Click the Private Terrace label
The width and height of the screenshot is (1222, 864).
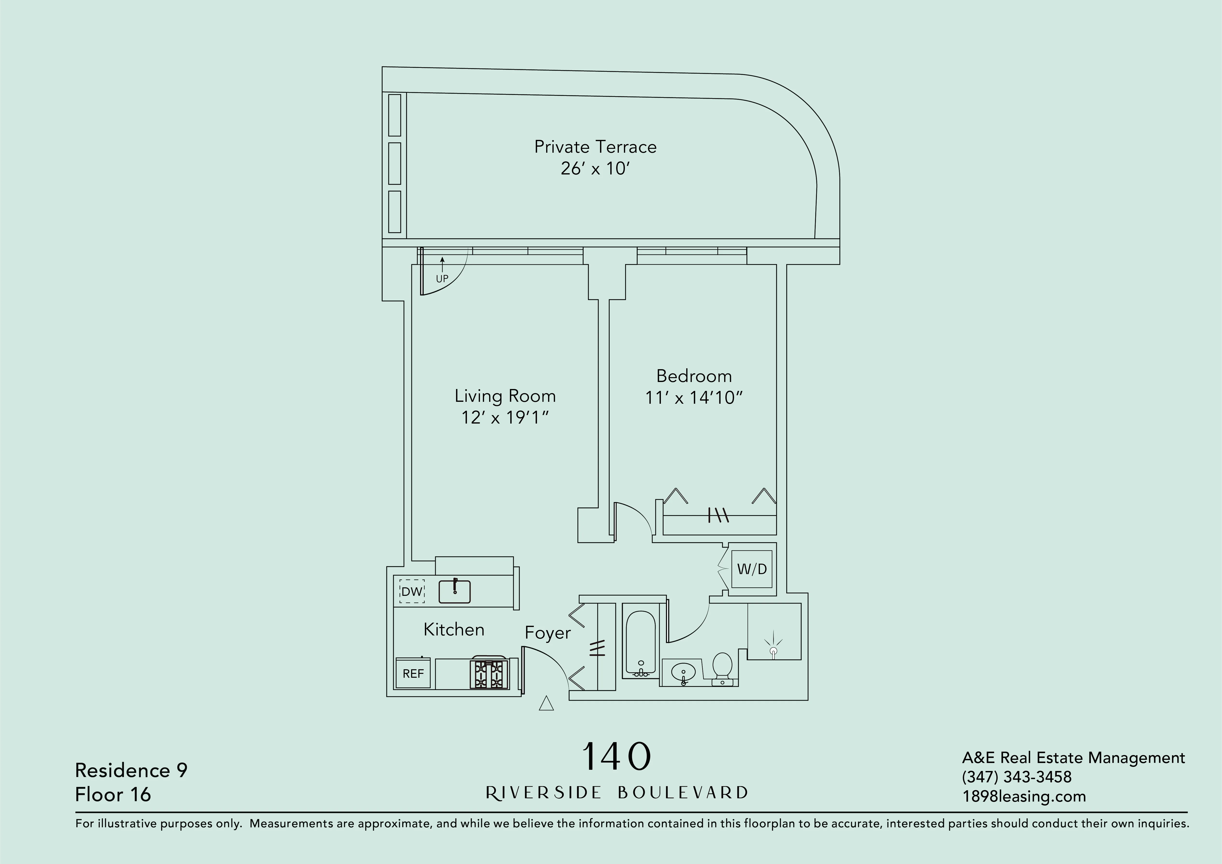pyautogui.click(x=595, y=147)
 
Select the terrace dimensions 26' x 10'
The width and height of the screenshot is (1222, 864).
pyautogui.click(x=595, y=169)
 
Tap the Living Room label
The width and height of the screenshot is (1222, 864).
pyautogui.click(x=505, y=396)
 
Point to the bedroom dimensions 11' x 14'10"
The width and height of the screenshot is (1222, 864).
pyautogui.click(x=693, y=398)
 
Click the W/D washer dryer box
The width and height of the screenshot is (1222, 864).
pyautogui.click(x=751, y=569)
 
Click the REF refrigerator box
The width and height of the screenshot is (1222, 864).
pyautogui.click(x=413, y=673)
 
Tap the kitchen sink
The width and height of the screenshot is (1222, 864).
pyautogui.click(x=455, y=591)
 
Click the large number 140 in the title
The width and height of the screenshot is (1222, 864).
pyautogui.click(x=616, y=757)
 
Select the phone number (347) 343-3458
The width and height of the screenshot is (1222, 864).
pyautogui.click(x=1016, y=777)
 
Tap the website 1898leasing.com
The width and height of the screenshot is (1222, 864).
pyautogui.click(x=1023, y=796)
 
